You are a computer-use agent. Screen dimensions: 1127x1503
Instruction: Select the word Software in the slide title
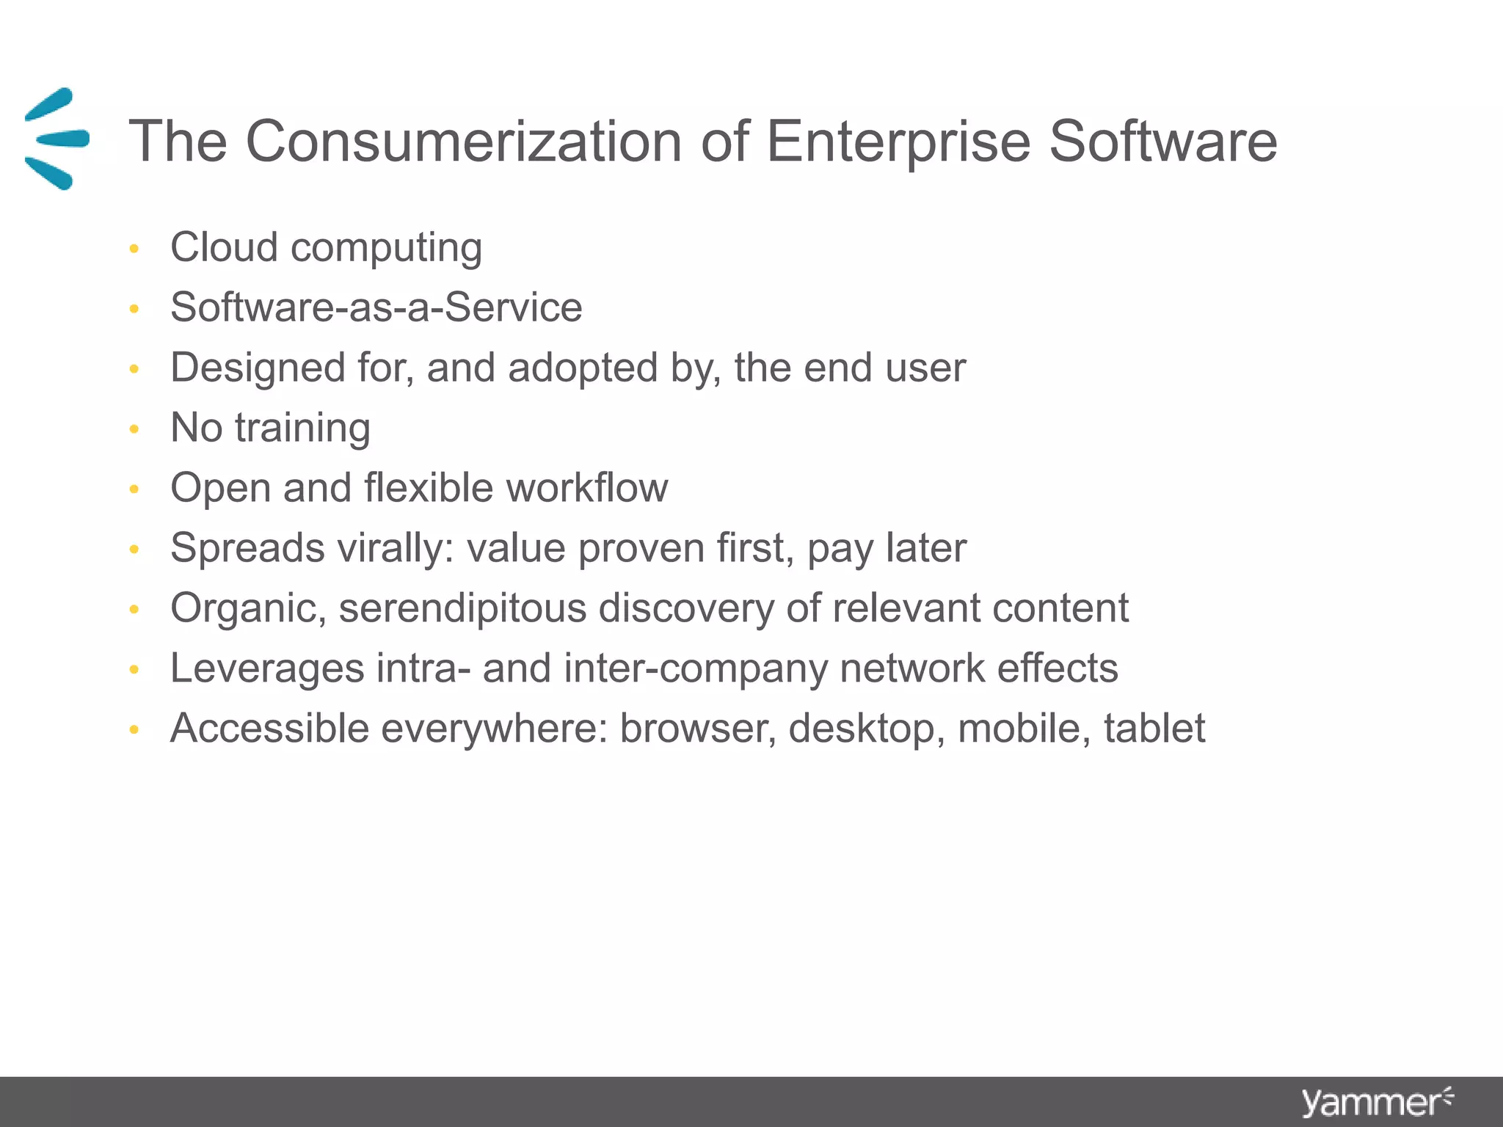(x=1163, y=141)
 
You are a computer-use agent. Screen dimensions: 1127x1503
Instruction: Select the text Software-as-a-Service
(x=376, y=307)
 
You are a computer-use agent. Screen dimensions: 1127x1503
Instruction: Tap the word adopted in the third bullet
(x=583, y=368)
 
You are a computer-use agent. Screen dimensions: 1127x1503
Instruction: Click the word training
(x=302, y=428)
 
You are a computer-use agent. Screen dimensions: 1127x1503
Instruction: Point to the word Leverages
(x=267, y=668)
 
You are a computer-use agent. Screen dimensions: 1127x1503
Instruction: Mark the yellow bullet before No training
(x=134, y=428)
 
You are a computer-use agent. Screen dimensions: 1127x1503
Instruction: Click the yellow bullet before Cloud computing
(x=134, y=249)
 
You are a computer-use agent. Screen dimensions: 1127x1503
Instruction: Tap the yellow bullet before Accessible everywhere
(x=134, y=729)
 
